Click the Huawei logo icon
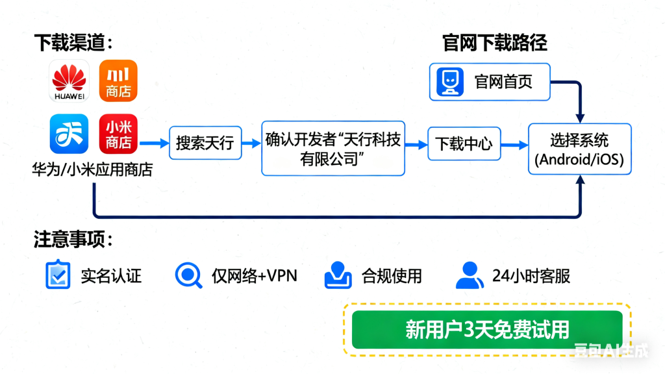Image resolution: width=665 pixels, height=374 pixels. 69,81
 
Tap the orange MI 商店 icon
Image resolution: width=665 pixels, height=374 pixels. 118,81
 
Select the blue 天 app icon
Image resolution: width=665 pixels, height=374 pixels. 69,134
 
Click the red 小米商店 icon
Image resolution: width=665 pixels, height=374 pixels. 118,134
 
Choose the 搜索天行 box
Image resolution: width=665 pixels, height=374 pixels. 205,143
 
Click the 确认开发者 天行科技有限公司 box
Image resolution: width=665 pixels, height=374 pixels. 333,148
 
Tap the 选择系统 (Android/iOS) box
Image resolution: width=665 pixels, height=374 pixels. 580,150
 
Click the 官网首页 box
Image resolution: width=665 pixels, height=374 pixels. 490,82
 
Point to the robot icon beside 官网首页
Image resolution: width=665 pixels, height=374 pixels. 449,82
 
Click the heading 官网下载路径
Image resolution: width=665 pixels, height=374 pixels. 495,44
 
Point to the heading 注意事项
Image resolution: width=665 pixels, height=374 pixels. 73,240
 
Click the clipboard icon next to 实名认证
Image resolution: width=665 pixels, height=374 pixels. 58,275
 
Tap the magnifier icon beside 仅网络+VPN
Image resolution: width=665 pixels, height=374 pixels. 188,275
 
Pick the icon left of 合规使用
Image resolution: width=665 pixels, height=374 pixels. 338,275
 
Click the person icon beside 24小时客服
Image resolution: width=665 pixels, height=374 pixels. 470,275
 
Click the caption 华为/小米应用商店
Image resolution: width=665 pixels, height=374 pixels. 92,170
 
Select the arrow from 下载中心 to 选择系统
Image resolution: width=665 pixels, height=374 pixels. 514,144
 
